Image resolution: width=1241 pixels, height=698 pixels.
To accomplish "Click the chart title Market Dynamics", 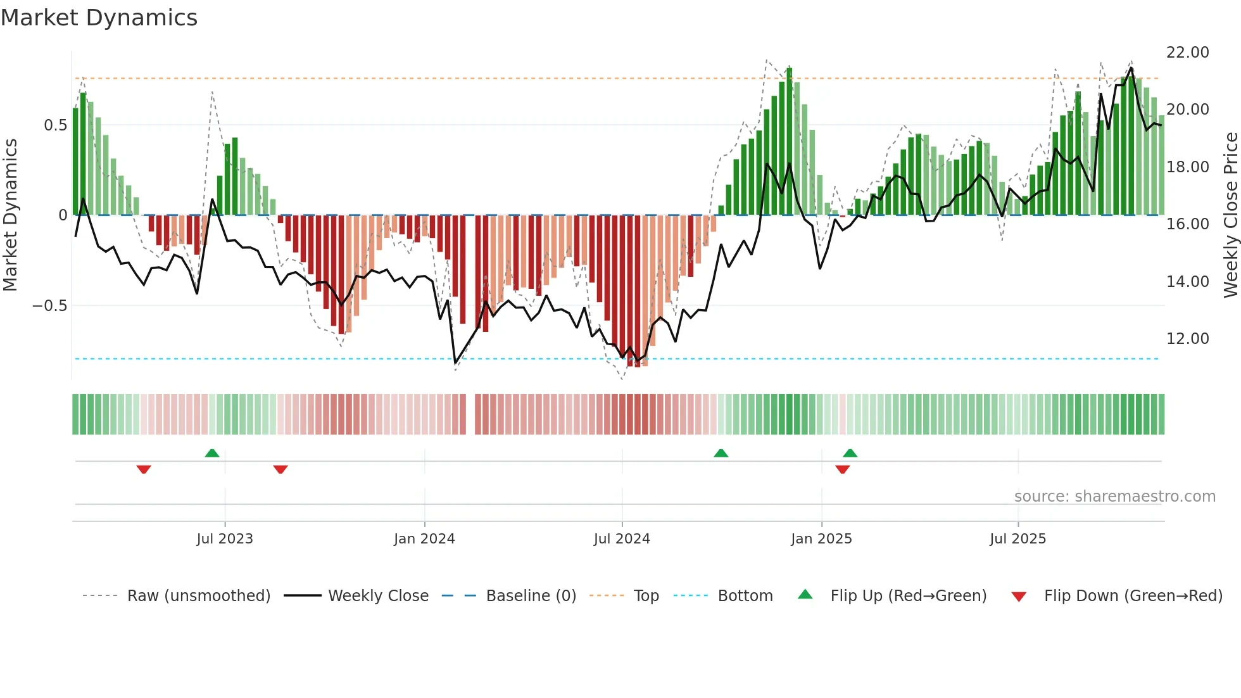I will coord(99,18).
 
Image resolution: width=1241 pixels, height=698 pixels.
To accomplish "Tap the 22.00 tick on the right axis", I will coord(1187,53).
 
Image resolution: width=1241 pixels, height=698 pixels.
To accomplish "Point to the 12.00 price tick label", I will coord(1187,339).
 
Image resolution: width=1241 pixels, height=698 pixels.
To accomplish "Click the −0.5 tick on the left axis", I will coord(49,306).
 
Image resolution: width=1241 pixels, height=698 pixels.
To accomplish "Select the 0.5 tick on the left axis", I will coord(55,125).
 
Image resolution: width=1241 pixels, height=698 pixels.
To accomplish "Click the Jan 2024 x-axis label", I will coord(424,539).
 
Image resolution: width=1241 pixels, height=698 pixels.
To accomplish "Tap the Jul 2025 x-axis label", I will coord(1017,539).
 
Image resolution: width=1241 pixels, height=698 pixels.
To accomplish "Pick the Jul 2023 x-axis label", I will coord(224,539).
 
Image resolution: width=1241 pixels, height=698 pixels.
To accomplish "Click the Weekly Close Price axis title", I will coord(1230,215).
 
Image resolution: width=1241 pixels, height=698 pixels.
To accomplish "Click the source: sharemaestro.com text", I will coord(1114,497).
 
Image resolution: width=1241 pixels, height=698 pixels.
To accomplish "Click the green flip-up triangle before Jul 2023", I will coord(212,453).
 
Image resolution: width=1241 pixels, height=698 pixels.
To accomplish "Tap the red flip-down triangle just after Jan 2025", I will coord(842,469).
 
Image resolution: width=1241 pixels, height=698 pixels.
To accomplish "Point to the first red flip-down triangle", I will coord(144,469).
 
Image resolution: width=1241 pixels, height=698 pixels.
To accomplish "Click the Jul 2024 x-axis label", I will coord(622,539).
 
